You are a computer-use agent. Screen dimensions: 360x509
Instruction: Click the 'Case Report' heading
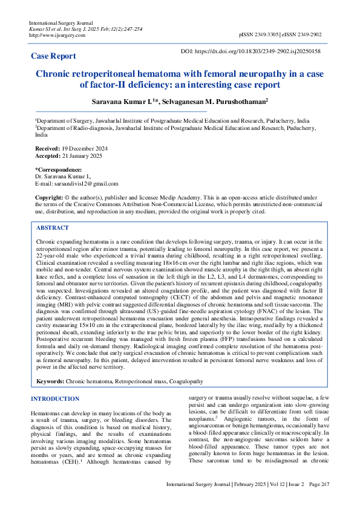[x=53, y=56]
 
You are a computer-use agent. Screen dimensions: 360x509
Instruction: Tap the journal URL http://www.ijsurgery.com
[x=57, y=35]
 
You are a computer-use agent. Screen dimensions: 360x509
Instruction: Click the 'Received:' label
[x=47, y=148]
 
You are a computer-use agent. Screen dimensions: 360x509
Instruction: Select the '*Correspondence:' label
[x=58, y=170]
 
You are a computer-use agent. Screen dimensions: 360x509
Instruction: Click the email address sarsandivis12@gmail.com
[x=87, y=183]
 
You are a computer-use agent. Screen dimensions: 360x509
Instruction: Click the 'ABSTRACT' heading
[x=53, y=228]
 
